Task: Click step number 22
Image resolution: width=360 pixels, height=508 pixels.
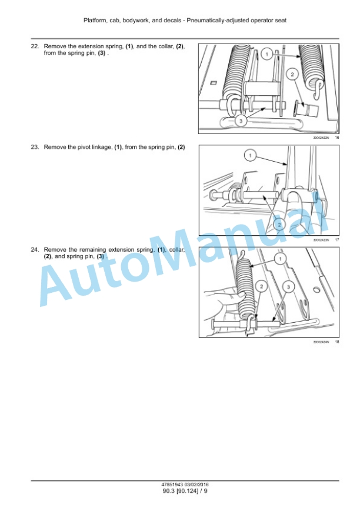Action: point(35,46)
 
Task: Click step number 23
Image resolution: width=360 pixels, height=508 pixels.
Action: point(35,147)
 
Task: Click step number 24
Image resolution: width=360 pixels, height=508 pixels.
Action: point(35,249)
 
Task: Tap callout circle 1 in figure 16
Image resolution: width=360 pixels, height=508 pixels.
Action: point(267,54)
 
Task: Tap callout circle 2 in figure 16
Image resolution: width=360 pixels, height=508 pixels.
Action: point(292,75)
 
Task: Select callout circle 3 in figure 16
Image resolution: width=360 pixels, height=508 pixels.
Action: point(241,121)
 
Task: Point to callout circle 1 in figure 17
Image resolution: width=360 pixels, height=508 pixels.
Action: point(250,156)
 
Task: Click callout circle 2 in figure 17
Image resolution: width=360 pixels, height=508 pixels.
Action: point(279,224)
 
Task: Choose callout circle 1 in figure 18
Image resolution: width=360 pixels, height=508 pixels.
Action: point(280,259)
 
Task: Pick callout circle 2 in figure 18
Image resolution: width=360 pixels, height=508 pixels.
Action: point(262,286)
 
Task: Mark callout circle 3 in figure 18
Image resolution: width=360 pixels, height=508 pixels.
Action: point(288,286)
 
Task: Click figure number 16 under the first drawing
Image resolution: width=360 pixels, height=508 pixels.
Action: point(336,138)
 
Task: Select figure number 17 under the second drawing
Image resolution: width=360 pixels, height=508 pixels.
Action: point(336,240)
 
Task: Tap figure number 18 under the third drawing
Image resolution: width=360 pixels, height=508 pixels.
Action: point(336,342)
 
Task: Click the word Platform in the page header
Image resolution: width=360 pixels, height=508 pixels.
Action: point(95,21)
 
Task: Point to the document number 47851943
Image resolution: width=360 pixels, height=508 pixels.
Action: point(172,484)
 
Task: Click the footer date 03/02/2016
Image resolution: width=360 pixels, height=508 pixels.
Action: point(196,484)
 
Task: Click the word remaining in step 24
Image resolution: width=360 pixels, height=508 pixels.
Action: point(93,250)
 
